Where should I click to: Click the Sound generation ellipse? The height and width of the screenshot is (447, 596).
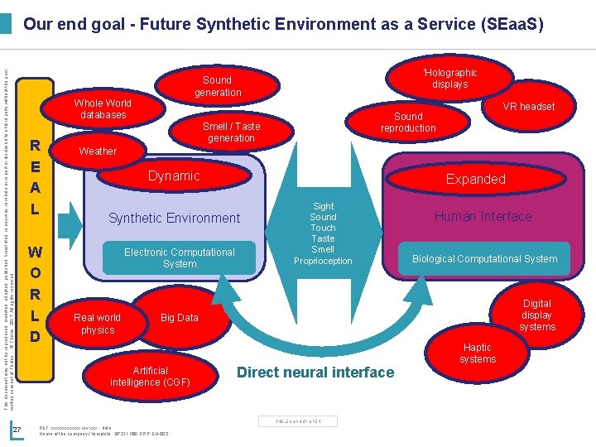[218, 86]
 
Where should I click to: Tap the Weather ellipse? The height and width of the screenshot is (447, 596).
[99, 151]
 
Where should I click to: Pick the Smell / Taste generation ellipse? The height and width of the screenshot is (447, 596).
[232, 132]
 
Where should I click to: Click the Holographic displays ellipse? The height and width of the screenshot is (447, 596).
[449, 79]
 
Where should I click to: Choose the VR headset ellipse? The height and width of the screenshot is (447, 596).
[529, 106]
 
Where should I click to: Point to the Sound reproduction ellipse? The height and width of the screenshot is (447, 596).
[408, 123]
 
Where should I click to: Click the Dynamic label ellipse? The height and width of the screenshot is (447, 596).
[174, 175]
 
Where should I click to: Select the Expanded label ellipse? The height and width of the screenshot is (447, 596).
[475, 179]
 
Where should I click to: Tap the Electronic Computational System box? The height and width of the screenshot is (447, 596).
[180, 257]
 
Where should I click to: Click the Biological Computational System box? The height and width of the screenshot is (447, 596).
[485, 258]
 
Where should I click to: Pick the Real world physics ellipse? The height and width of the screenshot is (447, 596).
[98, 324]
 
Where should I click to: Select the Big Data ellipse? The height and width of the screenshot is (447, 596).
[179, 317]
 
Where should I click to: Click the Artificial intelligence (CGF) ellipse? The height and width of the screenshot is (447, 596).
[150, 377]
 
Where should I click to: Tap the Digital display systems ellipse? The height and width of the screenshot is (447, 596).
[537, 315]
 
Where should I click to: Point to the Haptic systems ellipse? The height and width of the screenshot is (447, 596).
[478, 353]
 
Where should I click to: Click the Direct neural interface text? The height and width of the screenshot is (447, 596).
[315, 372]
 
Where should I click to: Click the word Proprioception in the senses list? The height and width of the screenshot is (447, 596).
[323, 261]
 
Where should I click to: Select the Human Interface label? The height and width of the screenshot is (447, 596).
[483, 217]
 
